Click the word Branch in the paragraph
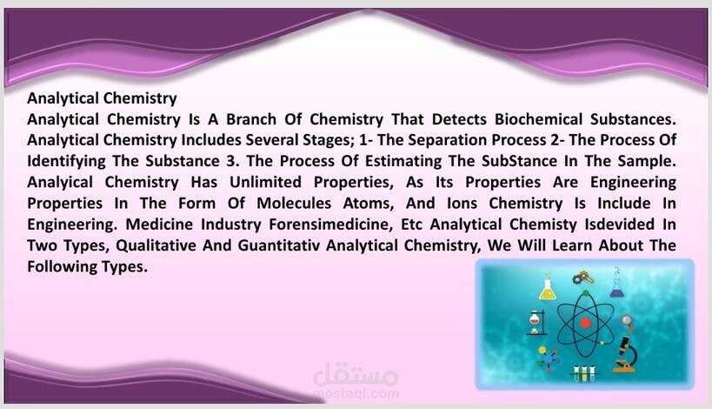251,119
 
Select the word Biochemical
538,119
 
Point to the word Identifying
66,161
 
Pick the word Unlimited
265,182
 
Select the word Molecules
294,203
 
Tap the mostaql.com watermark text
356,393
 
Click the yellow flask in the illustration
548,289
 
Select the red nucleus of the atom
585,323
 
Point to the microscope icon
626,354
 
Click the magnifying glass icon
629,323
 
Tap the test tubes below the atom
584,373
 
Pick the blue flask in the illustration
616,287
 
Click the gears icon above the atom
582,278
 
